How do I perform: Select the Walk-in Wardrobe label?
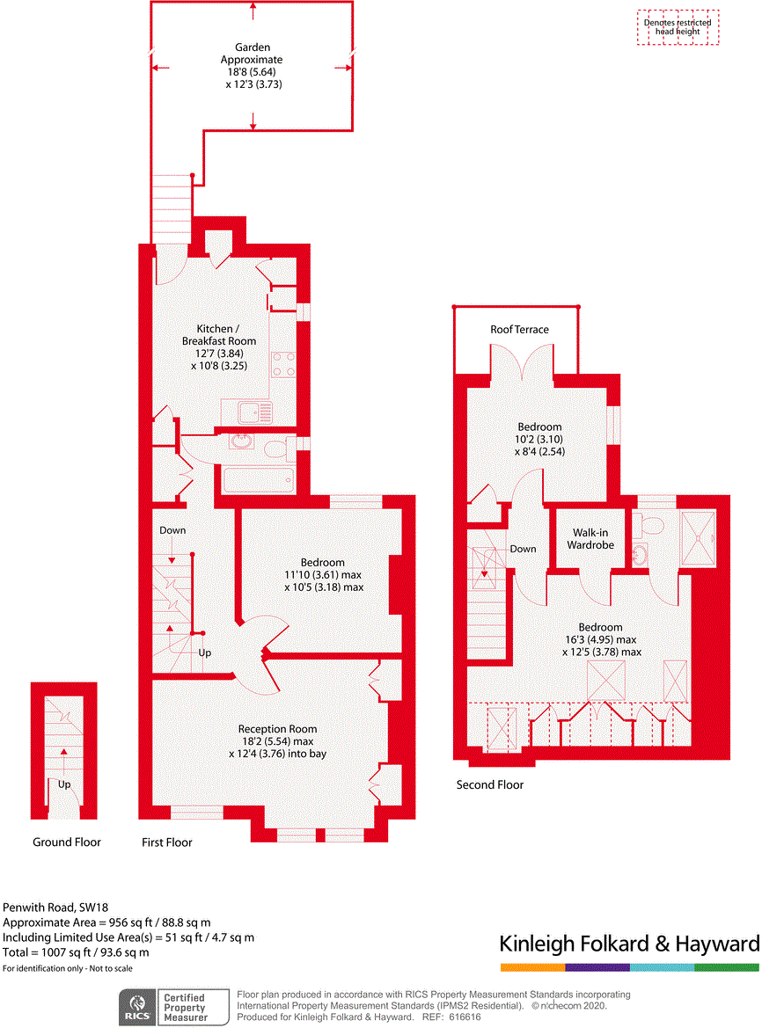(590, 539)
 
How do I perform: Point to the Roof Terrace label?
(519, 330)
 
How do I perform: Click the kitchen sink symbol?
(255, 413)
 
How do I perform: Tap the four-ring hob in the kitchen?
(283, 365)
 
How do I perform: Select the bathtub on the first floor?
(259, 480)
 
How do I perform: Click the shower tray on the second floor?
(699, 538)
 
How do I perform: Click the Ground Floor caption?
(67, 842)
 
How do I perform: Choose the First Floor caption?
(167, 842)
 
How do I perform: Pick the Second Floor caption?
(490, 784)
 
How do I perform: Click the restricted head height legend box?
(678, 27)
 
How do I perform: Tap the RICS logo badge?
(137, 1007)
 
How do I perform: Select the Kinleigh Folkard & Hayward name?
(629, 944)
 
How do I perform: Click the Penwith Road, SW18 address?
(55, 908)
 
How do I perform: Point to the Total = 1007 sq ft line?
(76, 952)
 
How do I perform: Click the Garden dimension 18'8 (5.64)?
(252, 72)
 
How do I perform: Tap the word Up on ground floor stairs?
(64, 784)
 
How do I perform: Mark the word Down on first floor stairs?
(172, 530)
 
